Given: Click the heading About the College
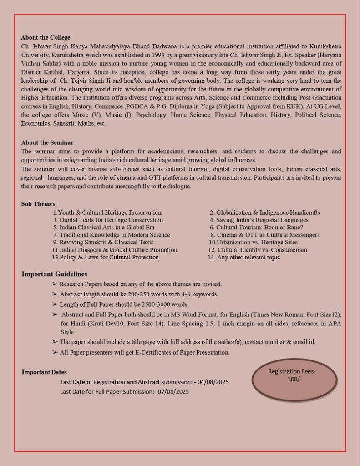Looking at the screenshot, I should pyautogui.click(x=46, y=38).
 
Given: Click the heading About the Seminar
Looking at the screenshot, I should pyautogui.click(x=47, y=142).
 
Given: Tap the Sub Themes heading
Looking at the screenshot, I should pyautogui.click(x=38, y=203).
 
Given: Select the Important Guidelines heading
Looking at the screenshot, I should pyautogui.click(x=54, y=274).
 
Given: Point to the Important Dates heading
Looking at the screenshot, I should pyautogui.click(x=44, y=372).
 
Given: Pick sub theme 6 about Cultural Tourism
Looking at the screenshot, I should pyautogui.click(x=256, y=227).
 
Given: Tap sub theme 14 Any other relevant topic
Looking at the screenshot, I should pyautogui.click(x=243, y=257).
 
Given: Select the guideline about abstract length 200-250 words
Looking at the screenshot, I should pyautogui.click(x=139, y=294).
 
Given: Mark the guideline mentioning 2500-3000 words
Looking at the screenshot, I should pyautogui.click(x=124, y=304).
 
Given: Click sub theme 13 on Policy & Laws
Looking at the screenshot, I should pyautogui.click(x=105, y=257).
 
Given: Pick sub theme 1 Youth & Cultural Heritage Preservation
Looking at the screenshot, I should pyautogui.click(x=107, y=213).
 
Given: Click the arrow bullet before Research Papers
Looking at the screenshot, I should pyautogui.click(x=55, y=284).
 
